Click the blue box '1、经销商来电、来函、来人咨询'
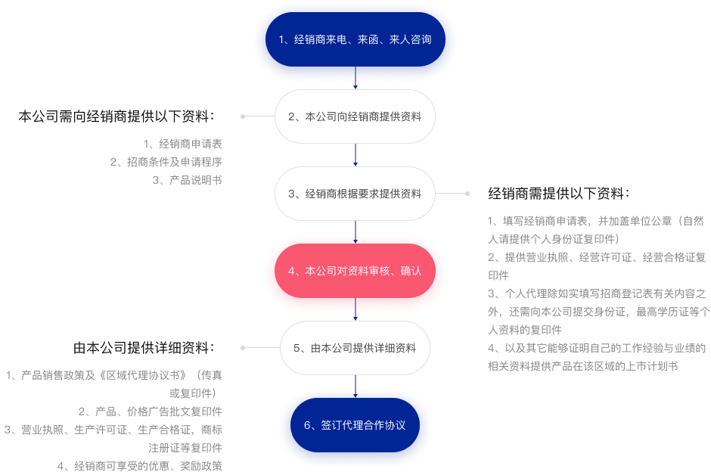coord(355,39)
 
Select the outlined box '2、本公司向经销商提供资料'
coord(355,117)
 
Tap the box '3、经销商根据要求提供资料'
coord(355,194)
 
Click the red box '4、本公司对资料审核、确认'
coord(355,272)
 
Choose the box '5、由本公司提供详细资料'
coord(355,348)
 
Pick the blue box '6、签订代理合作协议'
coord(355,425)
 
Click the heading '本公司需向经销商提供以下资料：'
coord(118,117)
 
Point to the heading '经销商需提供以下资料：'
coord(559,193)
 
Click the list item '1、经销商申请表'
coord(183,143)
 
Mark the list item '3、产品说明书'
coord(187,180)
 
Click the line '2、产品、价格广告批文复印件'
coord(151,411)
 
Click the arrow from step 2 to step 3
coord(355,155)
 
